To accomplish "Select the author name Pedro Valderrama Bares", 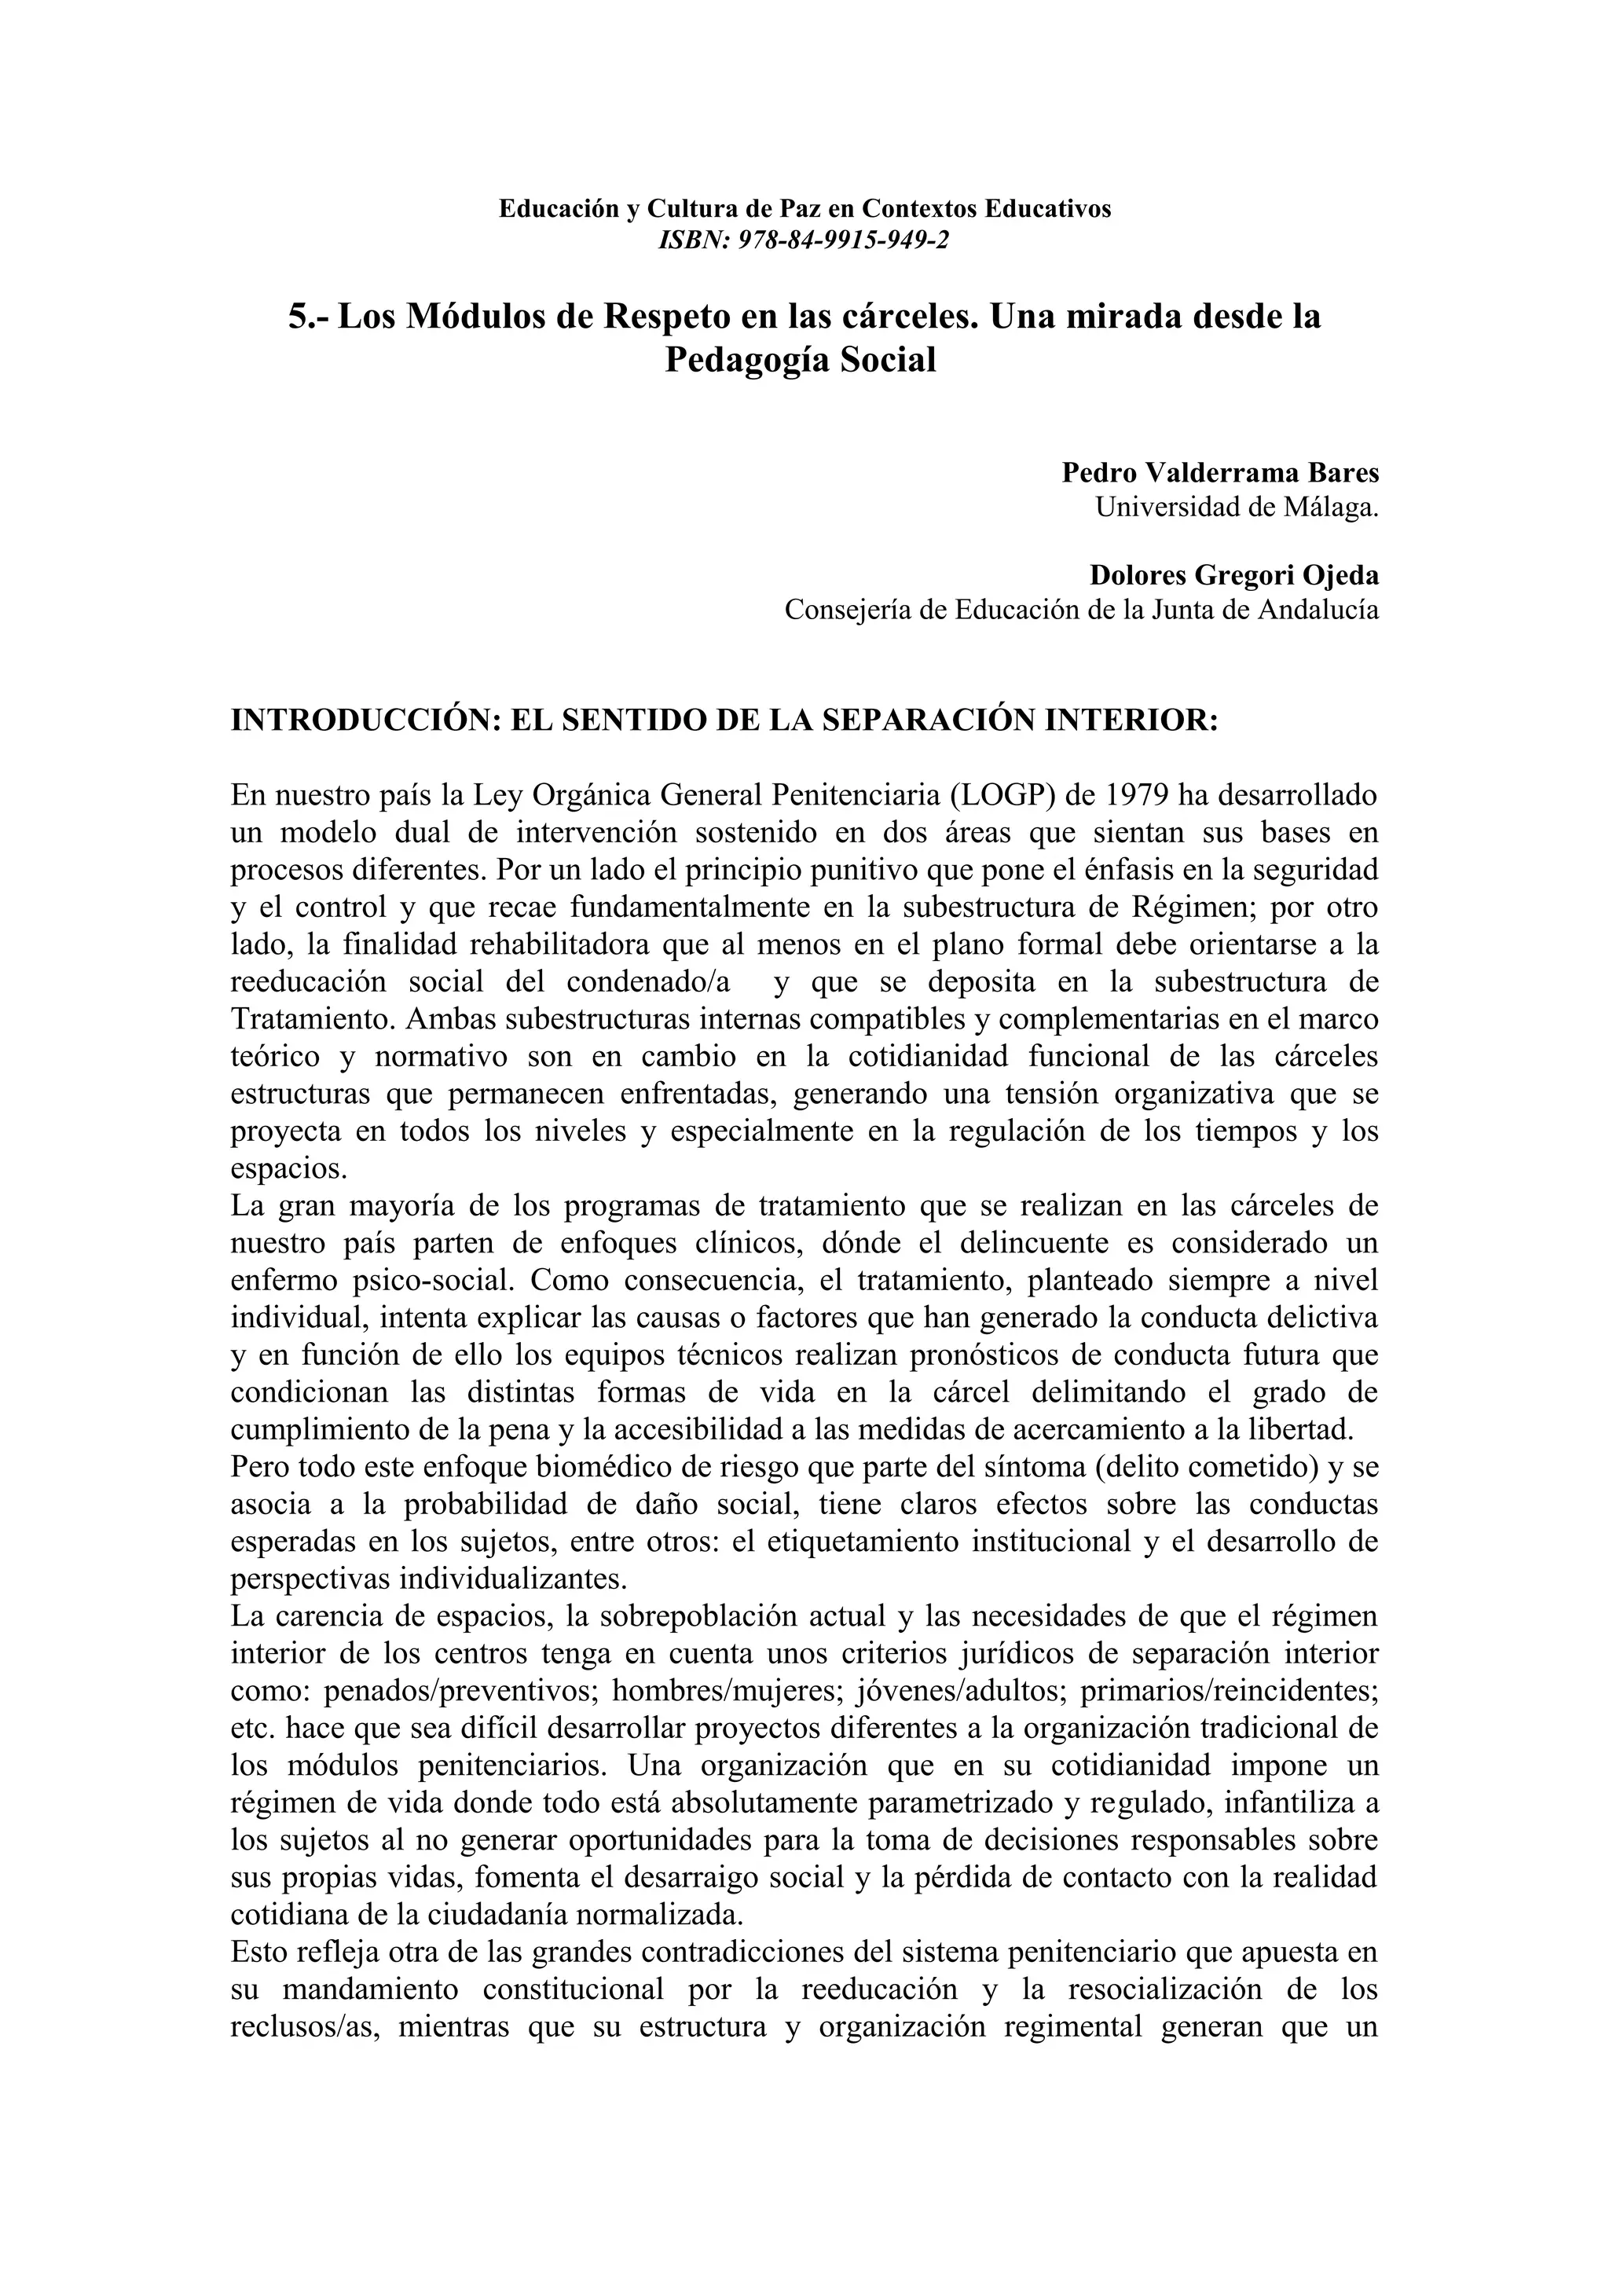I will click(1219, 472).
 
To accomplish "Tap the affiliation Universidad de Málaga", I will click(1237, 507).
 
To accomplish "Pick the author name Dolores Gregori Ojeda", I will click(1233, 574).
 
